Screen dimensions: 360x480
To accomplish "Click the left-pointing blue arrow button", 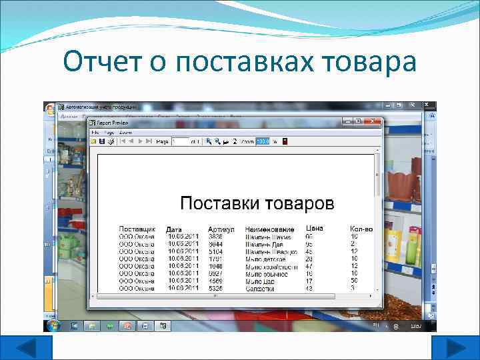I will [27, 347].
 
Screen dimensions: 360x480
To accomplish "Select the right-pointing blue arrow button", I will [455, 347].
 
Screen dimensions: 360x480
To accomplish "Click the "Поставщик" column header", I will [137, 229].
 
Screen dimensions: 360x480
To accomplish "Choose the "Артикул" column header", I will [221, 229].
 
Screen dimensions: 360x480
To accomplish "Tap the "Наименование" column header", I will [270, 229].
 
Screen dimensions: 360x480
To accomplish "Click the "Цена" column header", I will [314, 229].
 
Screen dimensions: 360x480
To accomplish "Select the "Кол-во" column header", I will [361, 229].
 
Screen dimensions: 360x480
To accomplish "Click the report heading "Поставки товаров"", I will [257, 203].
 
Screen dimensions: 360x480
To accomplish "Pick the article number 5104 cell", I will [215, 251].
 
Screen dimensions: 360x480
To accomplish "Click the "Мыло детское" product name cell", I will [266, 259].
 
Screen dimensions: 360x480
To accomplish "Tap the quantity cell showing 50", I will [355, 281].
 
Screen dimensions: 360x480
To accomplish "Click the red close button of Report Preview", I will [377, 121].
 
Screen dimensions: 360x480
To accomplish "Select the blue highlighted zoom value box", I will [263, 141].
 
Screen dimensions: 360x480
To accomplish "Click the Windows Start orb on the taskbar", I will [53, 325].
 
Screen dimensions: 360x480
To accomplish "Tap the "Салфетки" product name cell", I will [260, 289].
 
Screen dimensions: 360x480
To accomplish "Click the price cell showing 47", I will [309, 266].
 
